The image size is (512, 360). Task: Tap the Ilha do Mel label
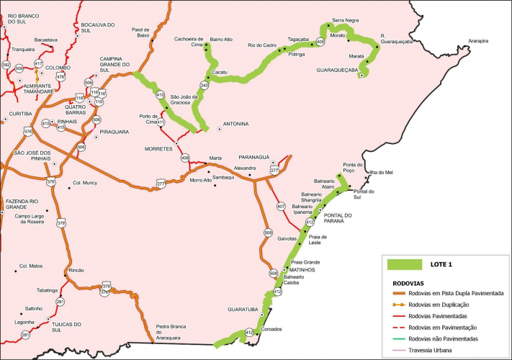coord(382,173)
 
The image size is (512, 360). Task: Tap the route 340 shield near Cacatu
coord(205,85)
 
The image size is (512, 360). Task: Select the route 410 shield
coord(160,95)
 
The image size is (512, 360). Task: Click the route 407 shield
coord(281,207)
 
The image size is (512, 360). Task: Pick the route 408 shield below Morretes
coord(185,157)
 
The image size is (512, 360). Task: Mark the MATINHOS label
coord(303,270)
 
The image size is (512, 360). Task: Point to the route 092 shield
coord(6,65)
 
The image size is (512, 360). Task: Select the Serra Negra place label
coord(346,21)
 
